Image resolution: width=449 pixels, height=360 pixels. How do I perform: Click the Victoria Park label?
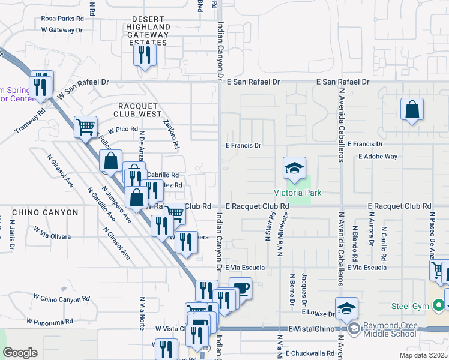298,193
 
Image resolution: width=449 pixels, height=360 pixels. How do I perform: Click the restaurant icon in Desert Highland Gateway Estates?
144,56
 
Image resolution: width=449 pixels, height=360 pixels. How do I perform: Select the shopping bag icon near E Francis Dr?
412,110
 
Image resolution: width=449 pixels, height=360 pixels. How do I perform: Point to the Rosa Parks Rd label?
62,18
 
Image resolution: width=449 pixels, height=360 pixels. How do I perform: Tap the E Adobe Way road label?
378,157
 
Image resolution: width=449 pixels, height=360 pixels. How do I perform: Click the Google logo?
20,353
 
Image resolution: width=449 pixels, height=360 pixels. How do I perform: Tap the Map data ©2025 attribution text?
423,355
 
